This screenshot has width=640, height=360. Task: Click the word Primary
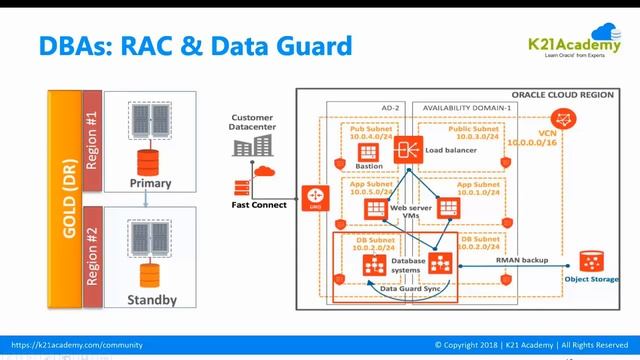coord(151,183)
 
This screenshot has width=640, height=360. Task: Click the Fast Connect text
coord(257,205)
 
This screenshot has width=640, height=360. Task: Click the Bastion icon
coord(369,151)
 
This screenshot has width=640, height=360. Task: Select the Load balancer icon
coord(406,150)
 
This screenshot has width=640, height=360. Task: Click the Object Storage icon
coord(591,262)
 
